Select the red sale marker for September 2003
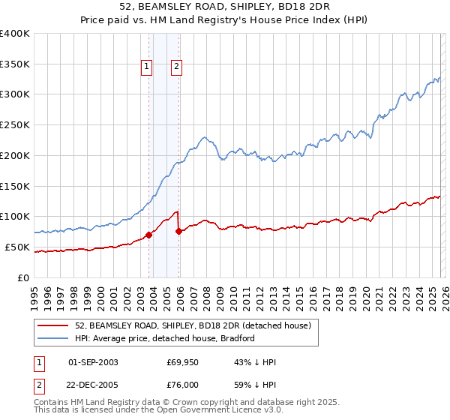point(148,235)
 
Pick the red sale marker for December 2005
point(179,231)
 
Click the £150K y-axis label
point(15,186)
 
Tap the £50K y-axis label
point(18,247)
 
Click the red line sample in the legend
point(54,325)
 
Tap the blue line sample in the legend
point(54,338)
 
